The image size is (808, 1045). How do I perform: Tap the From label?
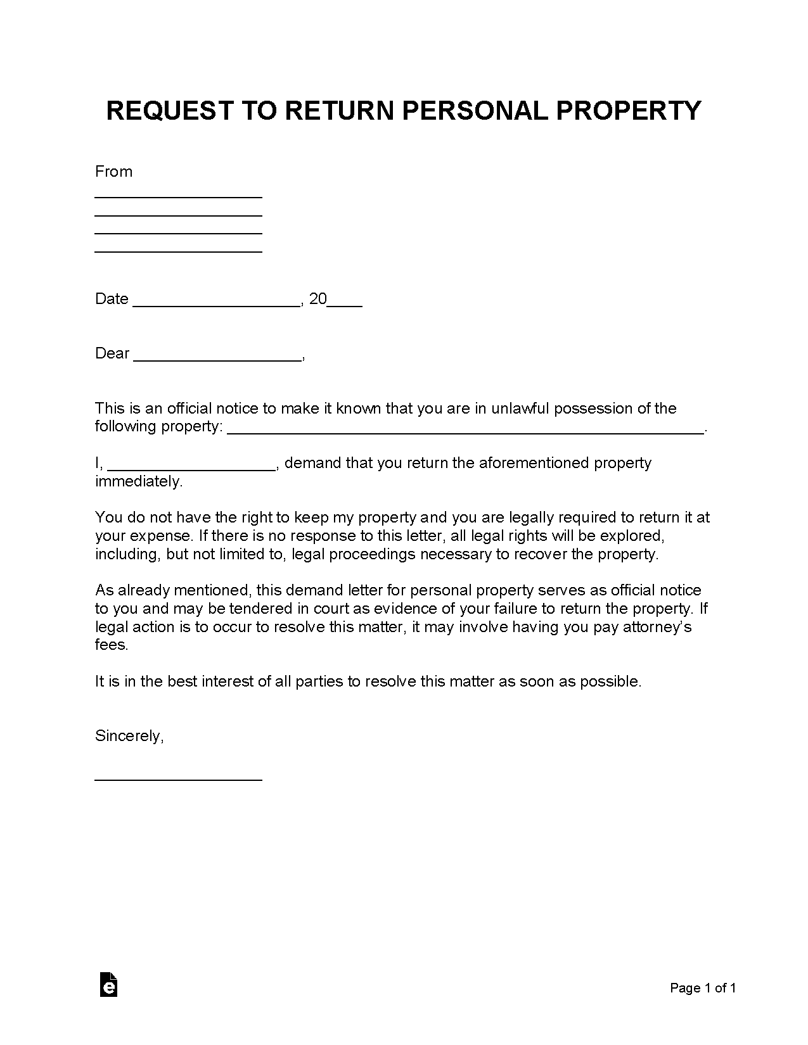113,172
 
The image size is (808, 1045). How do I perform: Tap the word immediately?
138,481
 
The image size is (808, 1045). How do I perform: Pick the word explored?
634,536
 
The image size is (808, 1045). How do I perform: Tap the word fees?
112,645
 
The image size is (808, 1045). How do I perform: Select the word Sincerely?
129,736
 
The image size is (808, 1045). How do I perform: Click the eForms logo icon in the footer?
108,984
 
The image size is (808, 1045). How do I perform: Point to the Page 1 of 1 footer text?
703,988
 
